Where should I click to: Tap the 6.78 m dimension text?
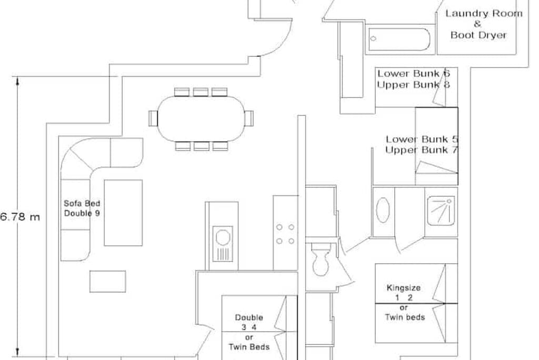point(20,217)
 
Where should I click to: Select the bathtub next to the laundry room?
point(399,39)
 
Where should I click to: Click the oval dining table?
point(201,118)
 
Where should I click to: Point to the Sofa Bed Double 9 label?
point(82,208)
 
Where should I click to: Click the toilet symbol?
point(321,259)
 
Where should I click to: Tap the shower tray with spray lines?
point(441,211)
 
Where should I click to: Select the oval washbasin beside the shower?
point(383,210)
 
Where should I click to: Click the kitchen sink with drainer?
point(223,244)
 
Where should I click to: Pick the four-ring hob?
point(285,234)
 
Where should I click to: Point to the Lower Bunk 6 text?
point(414,74)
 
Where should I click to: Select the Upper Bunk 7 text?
point(422,150)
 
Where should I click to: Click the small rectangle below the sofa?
point(107,282)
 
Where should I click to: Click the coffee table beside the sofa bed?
point(123,213)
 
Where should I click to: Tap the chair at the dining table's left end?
point(153,118)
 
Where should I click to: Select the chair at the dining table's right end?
point(249,118)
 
